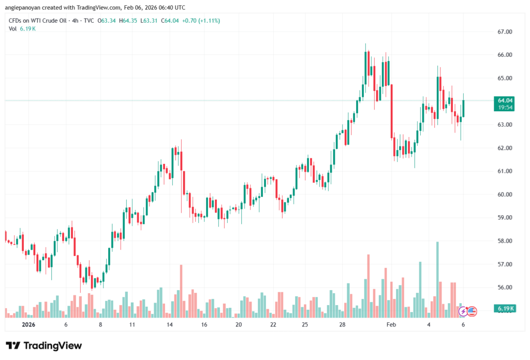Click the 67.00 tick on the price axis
(505, 32)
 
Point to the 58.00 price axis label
(505, 241)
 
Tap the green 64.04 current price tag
(505, 100)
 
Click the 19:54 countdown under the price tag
(505, 107)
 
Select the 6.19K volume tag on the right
(505, 309)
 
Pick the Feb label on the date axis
(391, 325)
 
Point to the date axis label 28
(343, 325)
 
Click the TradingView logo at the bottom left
(43, 346)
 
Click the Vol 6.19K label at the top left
(22, 29)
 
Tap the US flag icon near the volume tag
(472, 311)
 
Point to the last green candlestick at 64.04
(463, 108)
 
